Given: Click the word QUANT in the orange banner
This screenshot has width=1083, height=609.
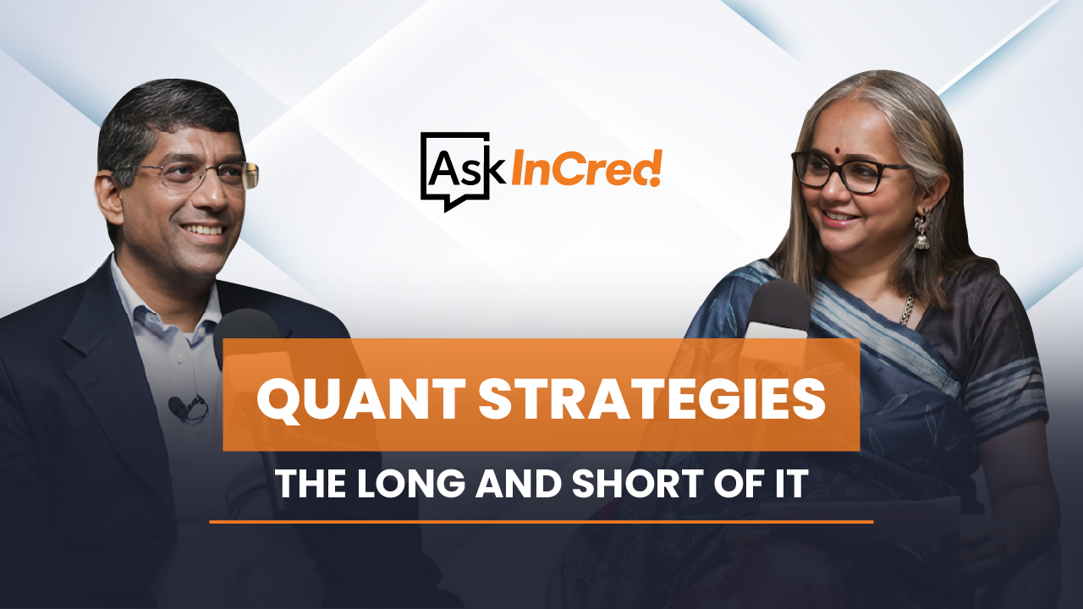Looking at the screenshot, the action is pos(361,399).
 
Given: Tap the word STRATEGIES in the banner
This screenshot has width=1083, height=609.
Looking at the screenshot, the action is pos(652,399).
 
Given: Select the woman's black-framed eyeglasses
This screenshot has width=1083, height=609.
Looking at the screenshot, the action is pos(851,172).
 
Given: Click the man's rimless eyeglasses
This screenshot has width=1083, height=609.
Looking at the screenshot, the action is pos(198,175).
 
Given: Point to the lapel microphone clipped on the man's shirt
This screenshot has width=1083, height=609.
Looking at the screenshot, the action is pos(186,408).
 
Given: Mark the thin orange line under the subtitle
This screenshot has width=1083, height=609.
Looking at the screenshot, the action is pos(541,522).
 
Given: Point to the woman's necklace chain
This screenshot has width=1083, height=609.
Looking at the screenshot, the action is pos(908,308).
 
